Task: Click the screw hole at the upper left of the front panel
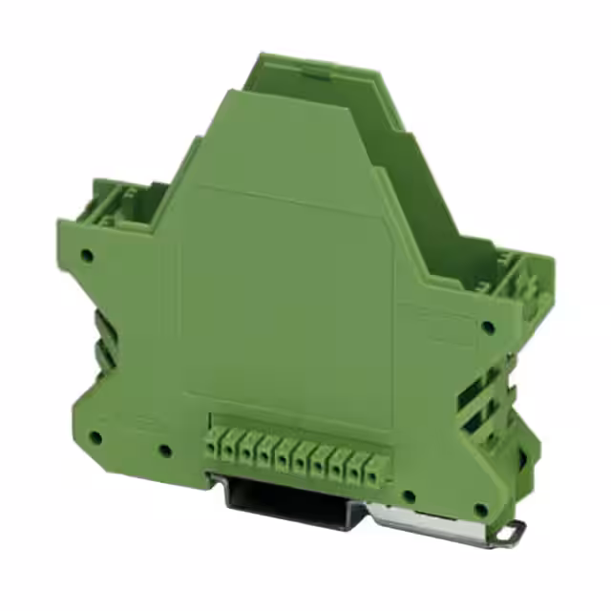(x=88, y=256)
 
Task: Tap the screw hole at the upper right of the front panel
(x=488, y=327)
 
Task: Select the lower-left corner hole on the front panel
(x=95, y=437)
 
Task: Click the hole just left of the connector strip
(x=165, y=449)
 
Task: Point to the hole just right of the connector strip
(x=408, y=495)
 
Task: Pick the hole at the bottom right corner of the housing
(x=480, y=510)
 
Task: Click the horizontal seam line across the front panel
(x=286, y=200)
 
